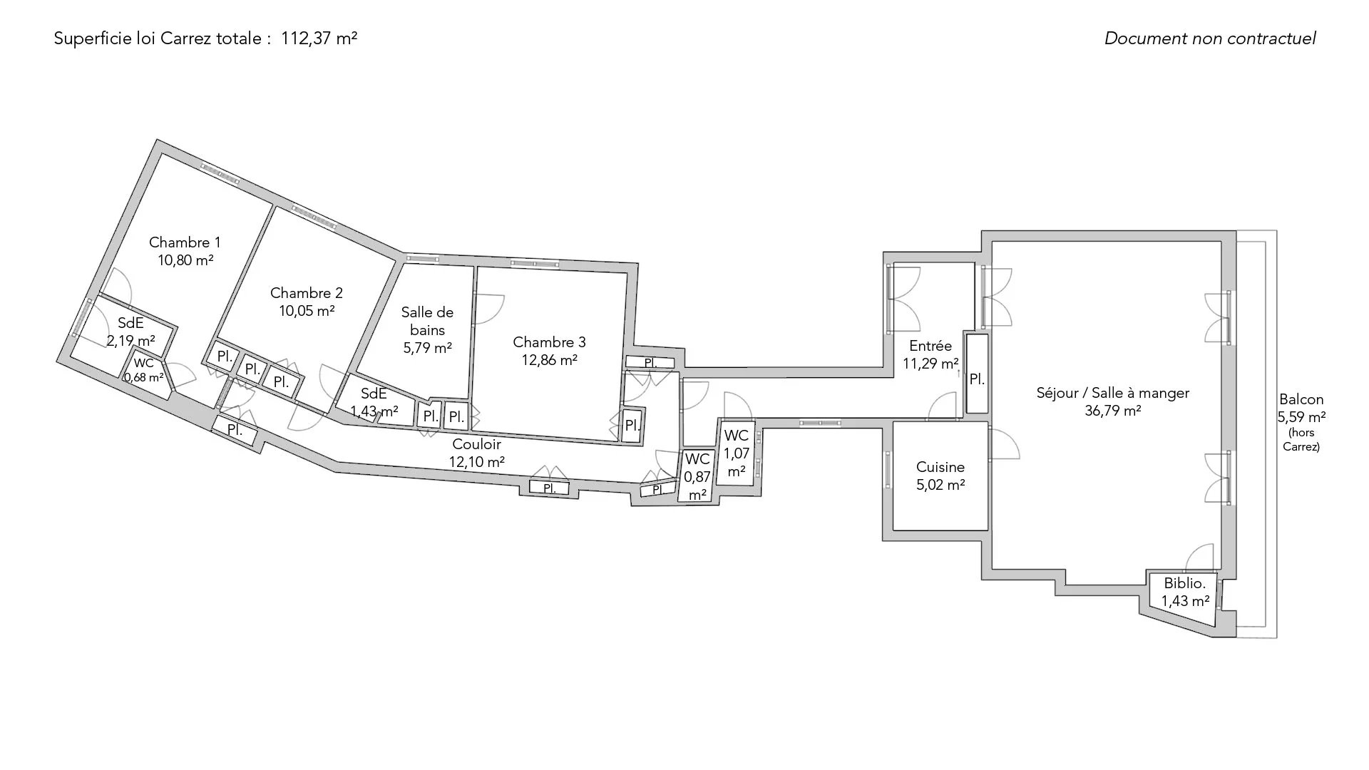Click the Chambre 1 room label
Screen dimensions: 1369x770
[185, 243]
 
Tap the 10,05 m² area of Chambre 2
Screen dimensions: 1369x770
[307, 311]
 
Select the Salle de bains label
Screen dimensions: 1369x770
[427, 321]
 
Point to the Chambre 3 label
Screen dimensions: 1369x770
[549, 343]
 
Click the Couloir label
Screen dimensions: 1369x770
[476, 444]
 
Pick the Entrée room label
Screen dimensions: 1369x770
[930, 346]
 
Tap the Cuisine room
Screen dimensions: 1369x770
[940, 476]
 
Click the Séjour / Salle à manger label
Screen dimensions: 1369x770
[1112, 393]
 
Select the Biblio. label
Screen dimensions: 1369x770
[1184, 583]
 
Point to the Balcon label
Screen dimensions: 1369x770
[1301, 399]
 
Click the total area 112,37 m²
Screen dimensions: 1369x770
[319, 38]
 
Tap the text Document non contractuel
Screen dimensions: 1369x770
[1210, 38]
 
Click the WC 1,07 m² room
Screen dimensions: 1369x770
[737, 453]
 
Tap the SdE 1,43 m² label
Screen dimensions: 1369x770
[374, 403]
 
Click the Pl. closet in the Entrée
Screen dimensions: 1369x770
[977, 380]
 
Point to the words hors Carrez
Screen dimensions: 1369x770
[1301, 440]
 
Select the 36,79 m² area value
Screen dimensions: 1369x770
[1113, 411]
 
